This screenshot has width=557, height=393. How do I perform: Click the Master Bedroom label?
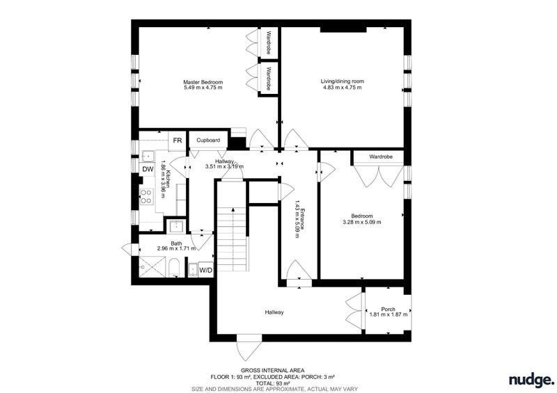pos(203,81)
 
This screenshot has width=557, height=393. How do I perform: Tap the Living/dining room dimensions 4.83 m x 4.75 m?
pos(342,88)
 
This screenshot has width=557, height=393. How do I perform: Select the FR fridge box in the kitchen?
pos(178,141)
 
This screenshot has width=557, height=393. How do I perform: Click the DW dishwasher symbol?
pos(148,169)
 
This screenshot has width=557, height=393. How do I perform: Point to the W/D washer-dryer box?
pos(205,271)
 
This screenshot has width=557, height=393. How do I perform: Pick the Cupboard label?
pos(208,141)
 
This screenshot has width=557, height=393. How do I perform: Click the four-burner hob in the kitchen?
pos(146,197)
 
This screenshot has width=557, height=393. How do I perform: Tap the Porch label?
pos(388,310)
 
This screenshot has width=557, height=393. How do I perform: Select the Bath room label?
pos(177,243)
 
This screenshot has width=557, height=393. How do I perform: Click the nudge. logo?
pos(531,380)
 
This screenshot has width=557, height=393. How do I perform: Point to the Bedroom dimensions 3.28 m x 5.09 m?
pos(362,223)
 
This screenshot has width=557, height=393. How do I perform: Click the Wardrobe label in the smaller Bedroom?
pos(380,157)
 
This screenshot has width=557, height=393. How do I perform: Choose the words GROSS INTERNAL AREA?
pos(272,371)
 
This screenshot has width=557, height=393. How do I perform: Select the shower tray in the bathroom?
pos(152,267)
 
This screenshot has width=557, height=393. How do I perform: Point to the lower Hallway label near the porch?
pos(274,312)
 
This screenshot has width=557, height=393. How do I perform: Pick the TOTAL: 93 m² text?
pos(272,383)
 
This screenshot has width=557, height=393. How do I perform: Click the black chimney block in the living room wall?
pos(343,29)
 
